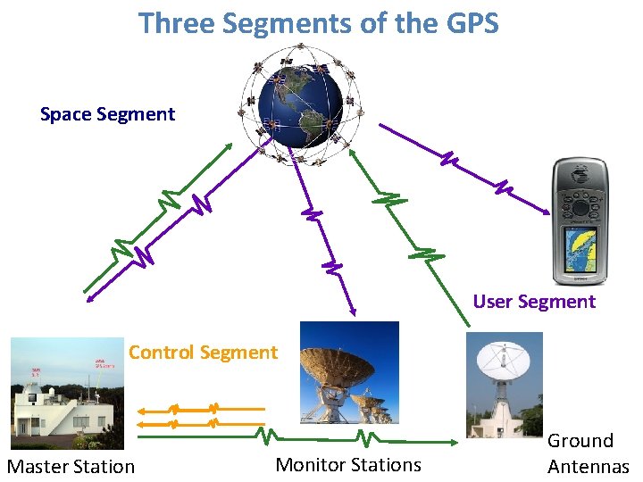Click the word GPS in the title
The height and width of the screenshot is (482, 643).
[469, 22]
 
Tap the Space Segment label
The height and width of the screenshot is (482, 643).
[107, 114]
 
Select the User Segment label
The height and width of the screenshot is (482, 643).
[534, 302]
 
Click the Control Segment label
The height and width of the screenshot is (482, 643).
[203, 352]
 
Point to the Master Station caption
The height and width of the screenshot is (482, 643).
[71, 466]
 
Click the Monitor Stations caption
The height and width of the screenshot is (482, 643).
[348, 464]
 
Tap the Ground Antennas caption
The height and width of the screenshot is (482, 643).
[588, 453]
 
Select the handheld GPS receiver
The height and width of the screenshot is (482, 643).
[580, 219]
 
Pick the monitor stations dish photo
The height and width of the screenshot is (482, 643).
[349, 373]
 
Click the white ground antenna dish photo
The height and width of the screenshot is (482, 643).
[504, 382]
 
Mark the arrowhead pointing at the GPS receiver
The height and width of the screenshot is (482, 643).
[546, 212]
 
